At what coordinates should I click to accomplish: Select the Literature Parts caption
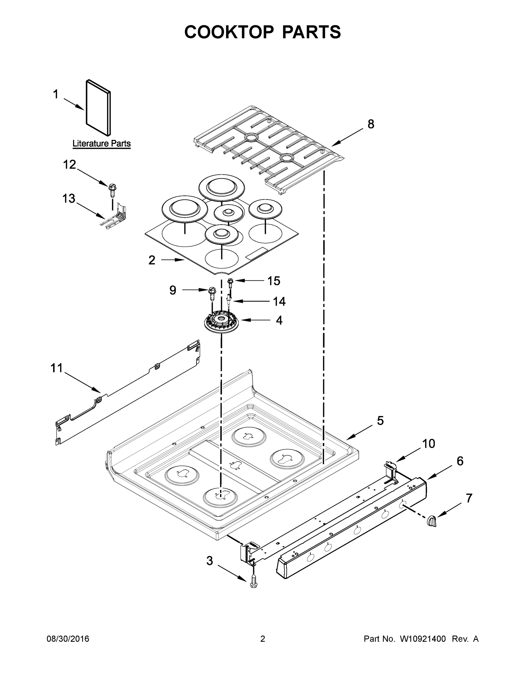pos(101,144)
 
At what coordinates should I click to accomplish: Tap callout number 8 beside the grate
pos(371,124)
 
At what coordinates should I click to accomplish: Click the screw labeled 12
pos(112,190)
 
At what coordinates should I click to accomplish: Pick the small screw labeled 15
pos(230,282)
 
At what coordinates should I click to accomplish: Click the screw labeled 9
pos(212,293)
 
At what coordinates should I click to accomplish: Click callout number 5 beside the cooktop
pos(380,421)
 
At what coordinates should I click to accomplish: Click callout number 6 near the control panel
pos(460,461)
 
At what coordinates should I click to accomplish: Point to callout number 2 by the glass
pos(152,260)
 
